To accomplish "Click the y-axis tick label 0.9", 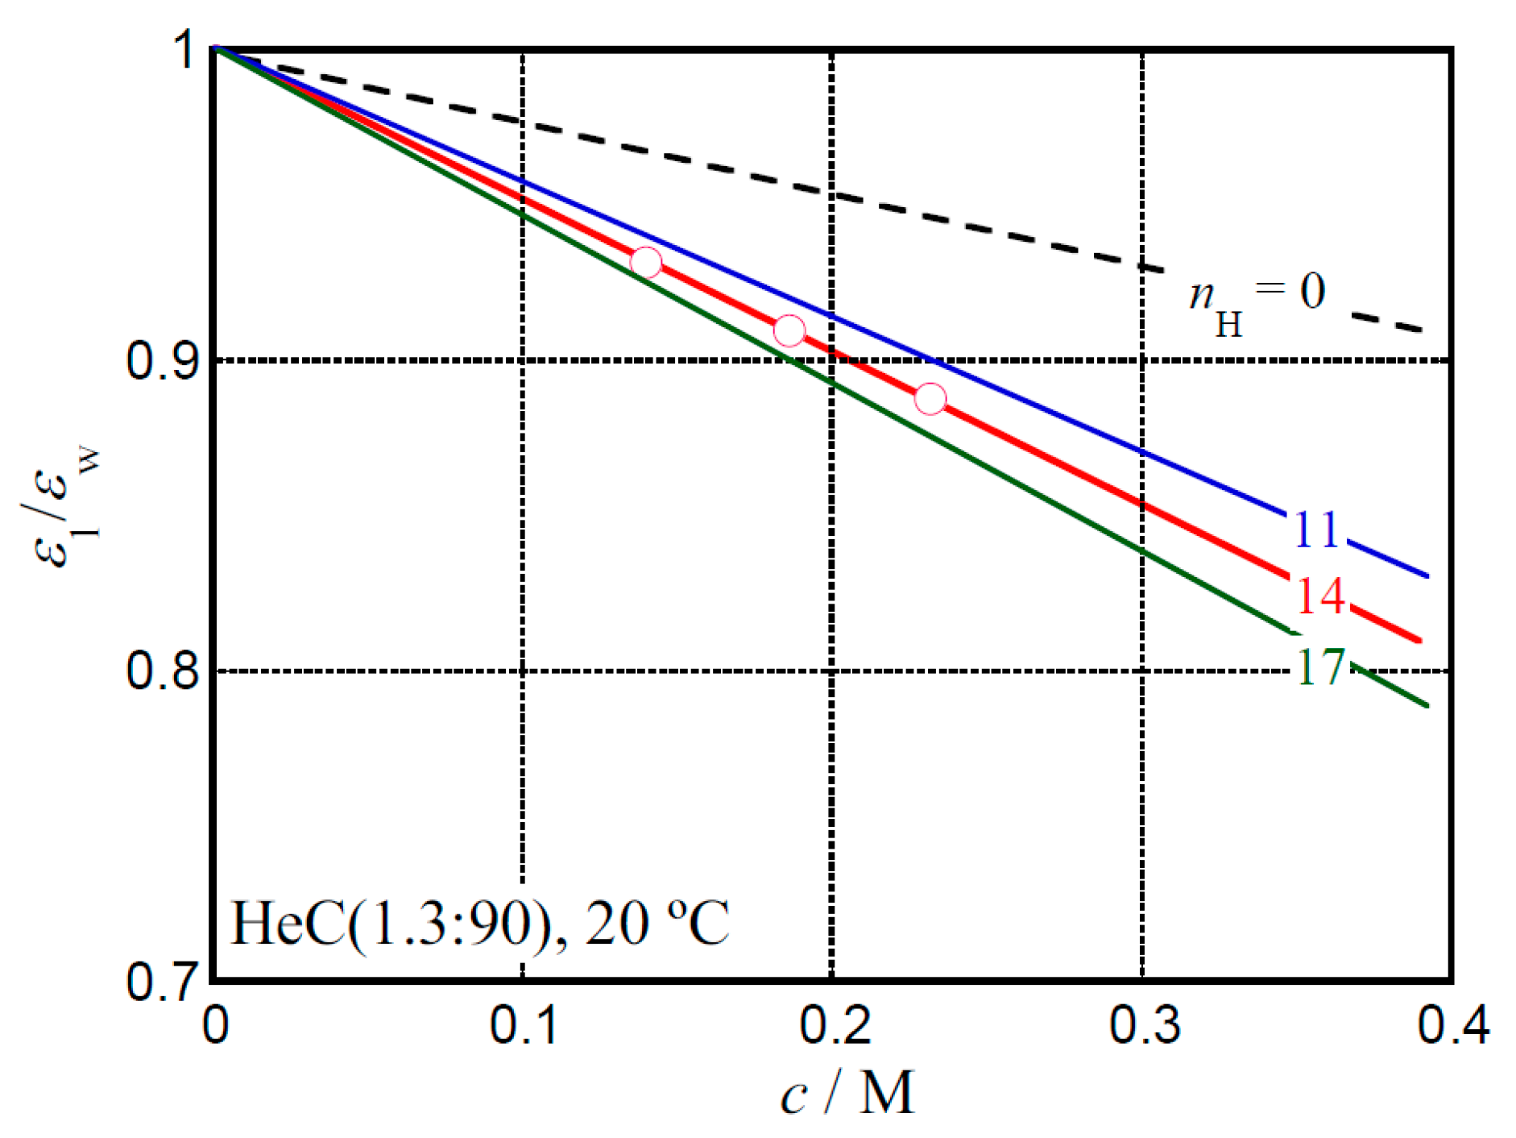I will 162,359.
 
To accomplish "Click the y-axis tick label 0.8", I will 162,670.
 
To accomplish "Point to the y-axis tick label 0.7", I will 162,981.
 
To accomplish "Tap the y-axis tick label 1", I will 186,50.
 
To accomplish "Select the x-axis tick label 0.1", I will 524,1025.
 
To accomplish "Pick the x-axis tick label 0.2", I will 834,1025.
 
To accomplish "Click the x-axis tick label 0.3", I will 1144,1025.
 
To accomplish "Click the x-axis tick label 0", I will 215,1025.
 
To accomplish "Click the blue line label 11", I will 1316,530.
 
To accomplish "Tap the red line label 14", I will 1320,596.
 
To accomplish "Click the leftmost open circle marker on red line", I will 646,262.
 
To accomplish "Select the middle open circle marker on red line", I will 789,330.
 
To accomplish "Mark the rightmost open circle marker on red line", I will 930,398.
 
